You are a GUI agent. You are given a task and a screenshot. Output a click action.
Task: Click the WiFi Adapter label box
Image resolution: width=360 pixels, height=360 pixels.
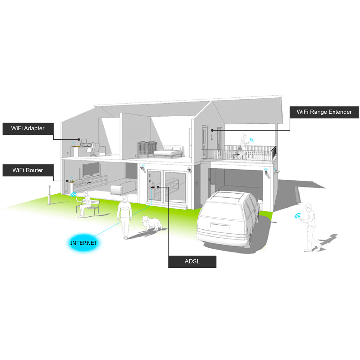tap(28, 129)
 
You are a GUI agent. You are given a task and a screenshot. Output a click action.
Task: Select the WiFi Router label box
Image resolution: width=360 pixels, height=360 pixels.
tap(28, 170)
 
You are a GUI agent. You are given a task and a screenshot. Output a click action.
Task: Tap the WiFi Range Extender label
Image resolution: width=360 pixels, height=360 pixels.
tap(324, 112)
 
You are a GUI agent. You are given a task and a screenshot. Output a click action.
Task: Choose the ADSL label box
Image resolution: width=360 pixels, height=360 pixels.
tap(192, 262)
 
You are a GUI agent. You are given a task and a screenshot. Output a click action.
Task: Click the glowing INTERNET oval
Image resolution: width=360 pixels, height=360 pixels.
tap(84, 243)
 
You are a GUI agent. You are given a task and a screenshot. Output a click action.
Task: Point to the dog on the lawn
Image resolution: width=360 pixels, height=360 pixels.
tap(152, 223)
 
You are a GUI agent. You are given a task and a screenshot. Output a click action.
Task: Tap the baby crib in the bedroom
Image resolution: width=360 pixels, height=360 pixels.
tap(147, 148)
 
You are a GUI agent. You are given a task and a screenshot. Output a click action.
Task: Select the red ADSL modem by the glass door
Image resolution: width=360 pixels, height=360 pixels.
tap(153, 187)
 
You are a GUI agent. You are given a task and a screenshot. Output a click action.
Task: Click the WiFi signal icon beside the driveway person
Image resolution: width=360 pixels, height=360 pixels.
tap(298, 216)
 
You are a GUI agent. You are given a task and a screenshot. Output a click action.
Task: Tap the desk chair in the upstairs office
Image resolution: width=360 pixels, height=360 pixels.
tap(96, 149)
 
